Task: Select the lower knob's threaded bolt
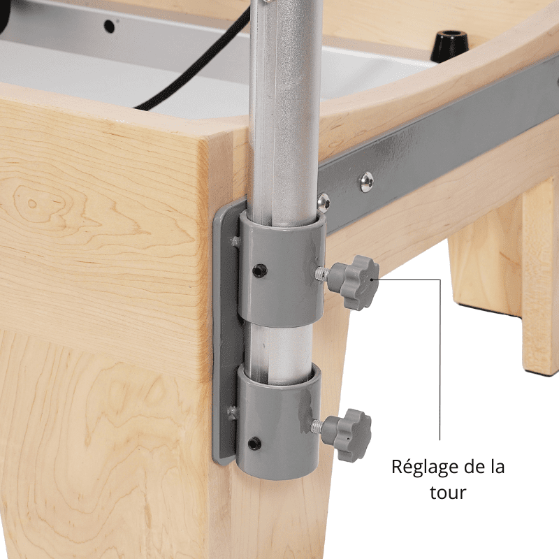pyautogui.click(x=319, y=424)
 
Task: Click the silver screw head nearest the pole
pyautogui.click(x=323, y=203)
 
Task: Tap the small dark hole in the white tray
pyautogui.click(x=109, y=26)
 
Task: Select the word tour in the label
pyautogui.click(x=447, y=493)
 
